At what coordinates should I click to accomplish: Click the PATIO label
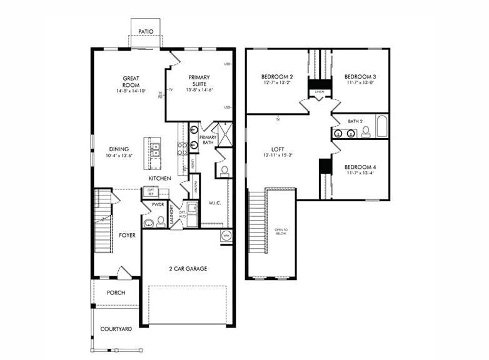[145, 31]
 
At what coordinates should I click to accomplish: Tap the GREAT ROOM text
[131, 81]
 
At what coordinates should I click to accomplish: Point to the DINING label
[119, 149]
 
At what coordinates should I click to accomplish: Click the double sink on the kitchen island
[155, 149]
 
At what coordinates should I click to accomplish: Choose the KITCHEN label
[159, 179]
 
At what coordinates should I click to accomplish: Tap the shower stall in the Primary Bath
[224, 136]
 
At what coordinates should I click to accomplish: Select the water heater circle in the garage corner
[226, 236]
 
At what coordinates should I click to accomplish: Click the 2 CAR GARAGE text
[188, 269]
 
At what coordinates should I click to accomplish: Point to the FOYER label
[128, 236]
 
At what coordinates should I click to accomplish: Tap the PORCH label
[116, 292]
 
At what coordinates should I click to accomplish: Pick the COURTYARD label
[116, 329]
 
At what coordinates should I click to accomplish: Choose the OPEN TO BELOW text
[281, 232]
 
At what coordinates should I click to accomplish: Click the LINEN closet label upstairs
[320, 92]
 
